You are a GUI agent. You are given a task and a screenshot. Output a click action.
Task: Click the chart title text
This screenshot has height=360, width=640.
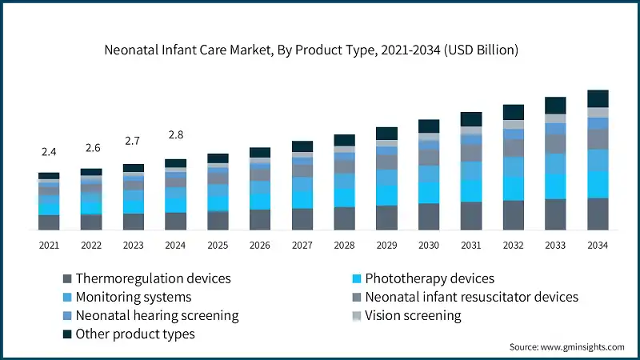(312, 50)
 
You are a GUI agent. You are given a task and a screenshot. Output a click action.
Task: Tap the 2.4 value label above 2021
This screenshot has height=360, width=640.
(49, 152)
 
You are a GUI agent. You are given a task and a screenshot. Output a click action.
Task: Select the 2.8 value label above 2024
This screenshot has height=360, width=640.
(175, 134)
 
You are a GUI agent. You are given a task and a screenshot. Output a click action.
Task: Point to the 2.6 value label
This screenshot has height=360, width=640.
(91, 148)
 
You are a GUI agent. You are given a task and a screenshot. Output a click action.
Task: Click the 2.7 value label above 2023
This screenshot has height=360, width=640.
(133, 141)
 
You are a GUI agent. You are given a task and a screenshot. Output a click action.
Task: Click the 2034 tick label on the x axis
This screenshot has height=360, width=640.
(598, 245)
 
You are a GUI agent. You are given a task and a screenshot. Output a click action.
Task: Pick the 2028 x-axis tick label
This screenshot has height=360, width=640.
(344, 245)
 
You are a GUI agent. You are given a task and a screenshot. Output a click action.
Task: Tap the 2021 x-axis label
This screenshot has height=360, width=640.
(49, 245)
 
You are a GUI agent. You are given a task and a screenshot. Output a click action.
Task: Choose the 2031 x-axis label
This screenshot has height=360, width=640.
(471, 245)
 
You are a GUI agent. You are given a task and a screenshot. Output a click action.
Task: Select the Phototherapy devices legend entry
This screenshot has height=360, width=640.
(429, 279)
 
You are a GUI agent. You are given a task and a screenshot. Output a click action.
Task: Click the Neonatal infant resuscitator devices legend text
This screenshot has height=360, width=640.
(471, 297)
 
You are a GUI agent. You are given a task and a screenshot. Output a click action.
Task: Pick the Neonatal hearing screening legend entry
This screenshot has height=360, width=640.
(157, 315)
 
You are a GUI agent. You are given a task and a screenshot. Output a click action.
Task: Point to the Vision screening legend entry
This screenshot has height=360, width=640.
(413, 315)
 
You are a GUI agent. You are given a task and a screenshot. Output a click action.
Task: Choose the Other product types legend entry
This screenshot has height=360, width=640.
(134, 334)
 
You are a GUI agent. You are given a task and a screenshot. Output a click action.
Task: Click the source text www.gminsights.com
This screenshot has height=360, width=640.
(566, 346)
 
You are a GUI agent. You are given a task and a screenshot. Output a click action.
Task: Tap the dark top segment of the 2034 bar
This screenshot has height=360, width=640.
(598, 98)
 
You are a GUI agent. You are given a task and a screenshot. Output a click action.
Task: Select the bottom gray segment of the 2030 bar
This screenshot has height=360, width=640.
(429, 217)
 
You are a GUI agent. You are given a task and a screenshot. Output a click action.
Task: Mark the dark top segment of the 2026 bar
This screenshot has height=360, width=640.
(260, 152)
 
